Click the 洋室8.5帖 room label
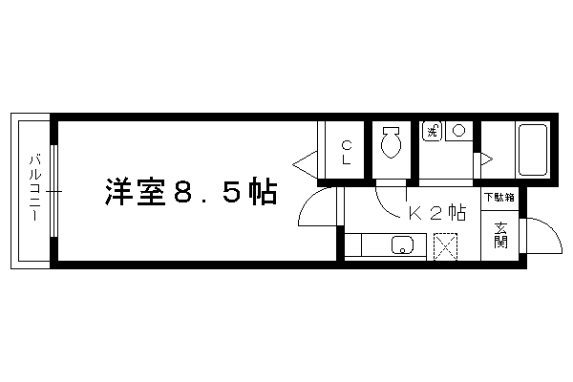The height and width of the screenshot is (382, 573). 190,192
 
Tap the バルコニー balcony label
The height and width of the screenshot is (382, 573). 35,188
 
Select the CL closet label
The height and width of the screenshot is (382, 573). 347,153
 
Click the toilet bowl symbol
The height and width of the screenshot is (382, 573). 391,142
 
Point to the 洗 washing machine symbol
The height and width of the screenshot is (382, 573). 433,131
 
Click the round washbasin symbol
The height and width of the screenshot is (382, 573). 458,130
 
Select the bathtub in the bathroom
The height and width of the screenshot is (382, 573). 533,150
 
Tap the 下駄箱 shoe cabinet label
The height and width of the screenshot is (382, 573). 499,198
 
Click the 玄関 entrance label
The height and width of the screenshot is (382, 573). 499,235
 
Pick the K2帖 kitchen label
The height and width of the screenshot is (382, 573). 437,213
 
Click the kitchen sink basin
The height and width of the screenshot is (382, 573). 402,244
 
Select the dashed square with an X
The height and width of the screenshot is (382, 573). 445,247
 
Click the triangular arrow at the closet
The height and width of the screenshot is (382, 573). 305,164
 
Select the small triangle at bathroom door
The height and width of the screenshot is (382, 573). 486,159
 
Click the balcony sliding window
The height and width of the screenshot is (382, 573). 54,191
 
